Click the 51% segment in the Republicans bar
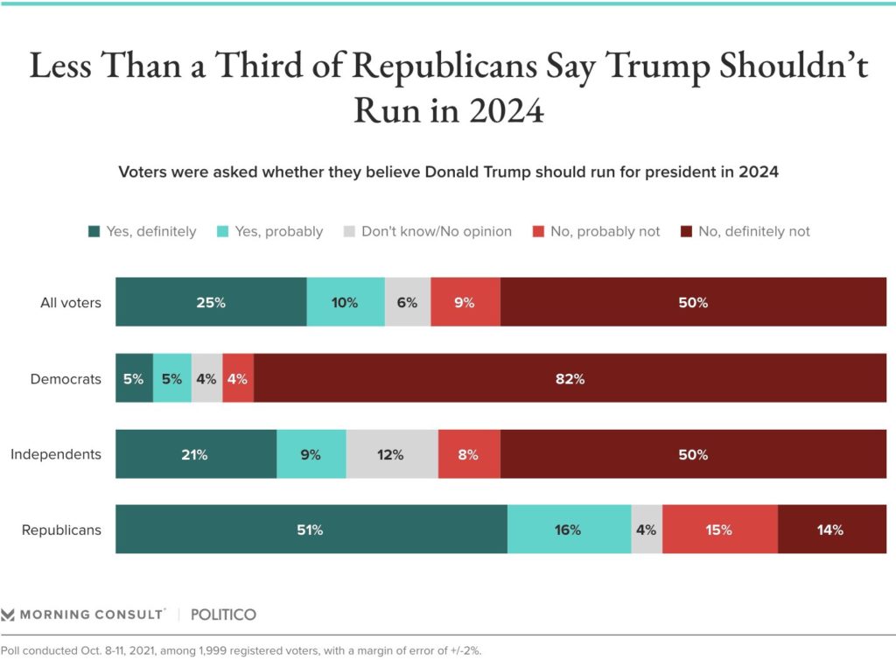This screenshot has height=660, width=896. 311,530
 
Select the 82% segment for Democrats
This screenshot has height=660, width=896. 570,379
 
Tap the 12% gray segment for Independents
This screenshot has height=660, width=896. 392,454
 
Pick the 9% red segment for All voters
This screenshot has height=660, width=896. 465,303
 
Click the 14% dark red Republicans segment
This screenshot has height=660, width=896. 831,530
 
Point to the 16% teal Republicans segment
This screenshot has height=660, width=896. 569,530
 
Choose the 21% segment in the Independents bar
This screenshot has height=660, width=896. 196,454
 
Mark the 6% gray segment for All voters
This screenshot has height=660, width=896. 408,303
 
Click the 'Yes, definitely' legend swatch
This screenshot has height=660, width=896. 94,232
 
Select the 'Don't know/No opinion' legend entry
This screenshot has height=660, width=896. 426,232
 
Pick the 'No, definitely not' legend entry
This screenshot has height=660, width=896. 753,232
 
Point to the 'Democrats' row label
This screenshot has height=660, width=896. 66,379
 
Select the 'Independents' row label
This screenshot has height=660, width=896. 56,454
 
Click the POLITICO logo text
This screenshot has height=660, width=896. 224,614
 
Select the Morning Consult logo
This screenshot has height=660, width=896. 83,614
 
